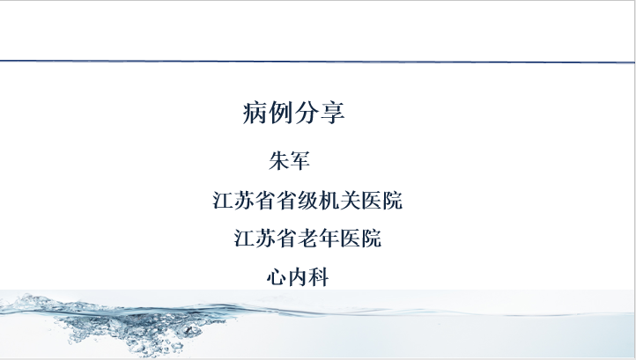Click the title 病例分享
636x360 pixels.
pos(293,113)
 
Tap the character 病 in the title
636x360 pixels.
pos(255,113)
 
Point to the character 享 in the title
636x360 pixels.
pos(333,113)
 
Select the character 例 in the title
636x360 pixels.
pos(281,113)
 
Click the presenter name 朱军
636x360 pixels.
pos(290,160)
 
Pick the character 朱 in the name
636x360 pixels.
pos(279,160)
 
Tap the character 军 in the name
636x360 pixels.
pos(300,160)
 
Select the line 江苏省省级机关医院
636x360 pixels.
pos(307,201)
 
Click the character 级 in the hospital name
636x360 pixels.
pos(307,201)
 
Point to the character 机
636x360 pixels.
pos(329,201)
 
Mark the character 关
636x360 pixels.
pos(350,201)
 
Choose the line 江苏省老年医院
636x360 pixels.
pos(307,239)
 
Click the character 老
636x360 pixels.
pos(307,239)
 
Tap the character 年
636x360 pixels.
pos(329,239)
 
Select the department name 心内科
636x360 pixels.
pos(298,278)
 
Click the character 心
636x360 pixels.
pos(277,278)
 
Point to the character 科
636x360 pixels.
pos(319,278)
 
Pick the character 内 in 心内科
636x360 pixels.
pos(298,278)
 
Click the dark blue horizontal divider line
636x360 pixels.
pos(318,62)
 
